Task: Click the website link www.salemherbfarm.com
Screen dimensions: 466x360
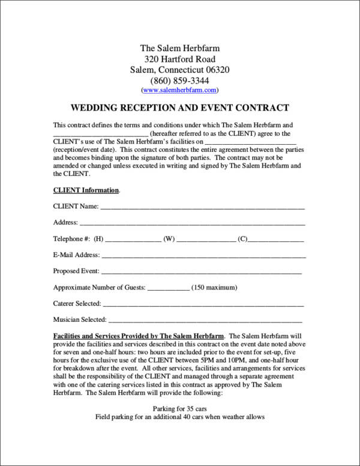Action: [x=179, y=90]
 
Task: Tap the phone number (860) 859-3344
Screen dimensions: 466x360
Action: [x=179, y=80]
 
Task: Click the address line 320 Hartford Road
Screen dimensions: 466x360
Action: [x=179, y=59]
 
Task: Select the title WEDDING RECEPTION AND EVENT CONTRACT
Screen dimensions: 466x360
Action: [x=180, y=108]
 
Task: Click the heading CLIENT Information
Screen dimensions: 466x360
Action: [x=86, y=190]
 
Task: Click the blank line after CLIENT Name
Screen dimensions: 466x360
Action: [x=202, y=208]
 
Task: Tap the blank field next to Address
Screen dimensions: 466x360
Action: [x=193, y=223]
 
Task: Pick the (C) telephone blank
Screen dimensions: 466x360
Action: [x=276, y=240]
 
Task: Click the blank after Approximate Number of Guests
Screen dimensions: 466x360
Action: [x=168, y=288]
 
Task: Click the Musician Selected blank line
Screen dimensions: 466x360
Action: [x=205, y=321]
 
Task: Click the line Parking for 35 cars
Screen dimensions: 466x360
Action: [x=179, y=407]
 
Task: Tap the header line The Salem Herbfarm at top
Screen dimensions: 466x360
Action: [x=179, y=48]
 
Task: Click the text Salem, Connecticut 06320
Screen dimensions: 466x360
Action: [x=179, y=70]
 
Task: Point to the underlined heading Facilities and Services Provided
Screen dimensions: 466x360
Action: [x=139, y=335]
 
